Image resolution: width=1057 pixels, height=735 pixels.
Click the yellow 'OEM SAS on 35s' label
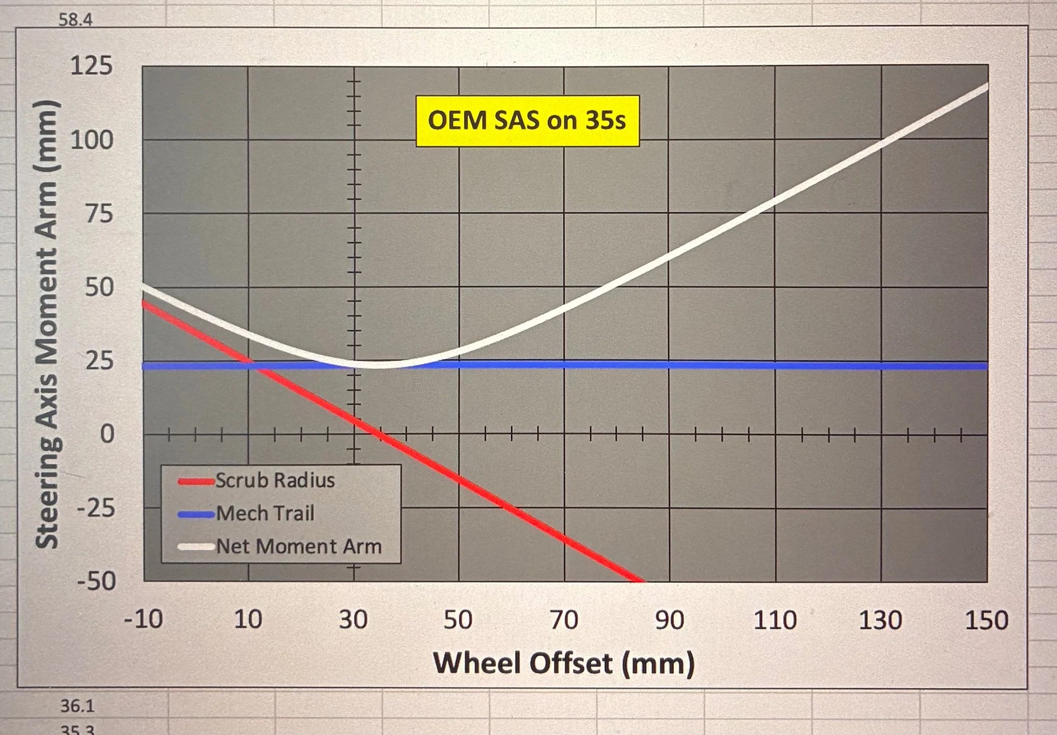coord(527,121)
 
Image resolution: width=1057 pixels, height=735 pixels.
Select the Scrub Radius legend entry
coord(257,481)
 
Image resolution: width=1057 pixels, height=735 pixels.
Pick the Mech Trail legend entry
coord(246,513)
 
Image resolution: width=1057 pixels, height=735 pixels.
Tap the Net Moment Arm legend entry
coord(280,546)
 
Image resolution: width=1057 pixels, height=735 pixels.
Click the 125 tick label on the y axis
coord(91,66)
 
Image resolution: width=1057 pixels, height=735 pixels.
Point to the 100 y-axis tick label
coord(92,140)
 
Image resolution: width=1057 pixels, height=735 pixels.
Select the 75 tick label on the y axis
coord(99,214)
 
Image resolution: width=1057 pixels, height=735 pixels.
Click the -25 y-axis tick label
coord(96,508)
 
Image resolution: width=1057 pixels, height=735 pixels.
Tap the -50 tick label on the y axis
coord(96,581)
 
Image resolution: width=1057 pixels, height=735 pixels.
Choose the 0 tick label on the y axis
coord(107,434)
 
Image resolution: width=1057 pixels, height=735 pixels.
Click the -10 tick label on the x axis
coord(143,620)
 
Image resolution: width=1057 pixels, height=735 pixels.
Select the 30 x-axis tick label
coord(353,620)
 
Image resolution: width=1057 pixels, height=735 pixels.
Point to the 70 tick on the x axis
coord(564,620)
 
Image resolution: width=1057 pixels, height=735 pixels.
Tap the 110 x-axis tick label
coord(775,620)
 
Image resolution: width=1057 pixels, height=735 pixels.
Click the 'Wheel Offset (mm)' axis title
coord(564,663)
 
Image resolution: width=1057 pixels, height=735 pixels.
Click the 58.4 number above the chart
coord(75,20)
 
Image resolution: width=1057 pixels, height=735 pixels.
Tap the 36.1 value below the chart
coord(77,706)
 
